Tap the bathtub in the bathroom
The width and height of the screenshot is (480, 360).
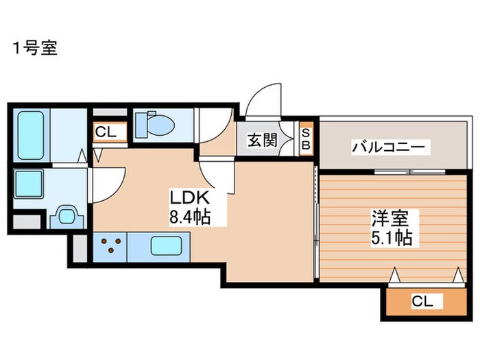[29, 134]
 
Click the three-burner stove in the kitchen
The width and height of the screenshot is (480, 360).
[112, 245]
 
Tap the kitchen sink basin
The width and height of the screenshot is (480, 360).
[166, 245]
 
